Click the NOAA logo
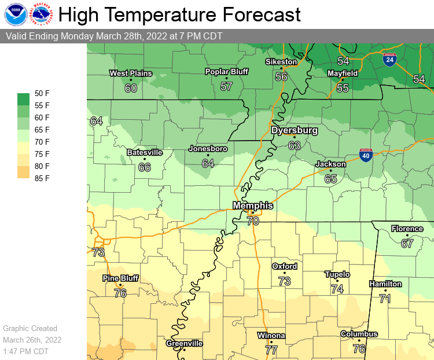point(14,14)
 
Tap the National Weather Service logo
point(41,14)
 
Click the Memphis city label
point(253,205)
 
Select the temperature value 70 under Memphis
point(253,221)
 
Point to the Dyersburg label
point(295,131)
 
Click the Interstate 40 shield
point(365,156)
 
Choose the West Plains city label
point(131,73)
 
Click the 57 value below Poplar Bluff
point(226,87)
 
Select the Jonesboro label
point(208,149)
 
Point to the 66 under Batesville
point(145,167)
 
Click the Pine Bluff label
point(120,278)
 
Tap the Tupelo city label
point(337,274)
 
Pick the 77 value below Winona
point(271,350)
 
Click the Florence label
point(407,229)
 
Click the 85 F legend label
point(43,178)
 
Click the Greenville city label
point(185,343)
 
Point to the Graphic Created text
point(30,328)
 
